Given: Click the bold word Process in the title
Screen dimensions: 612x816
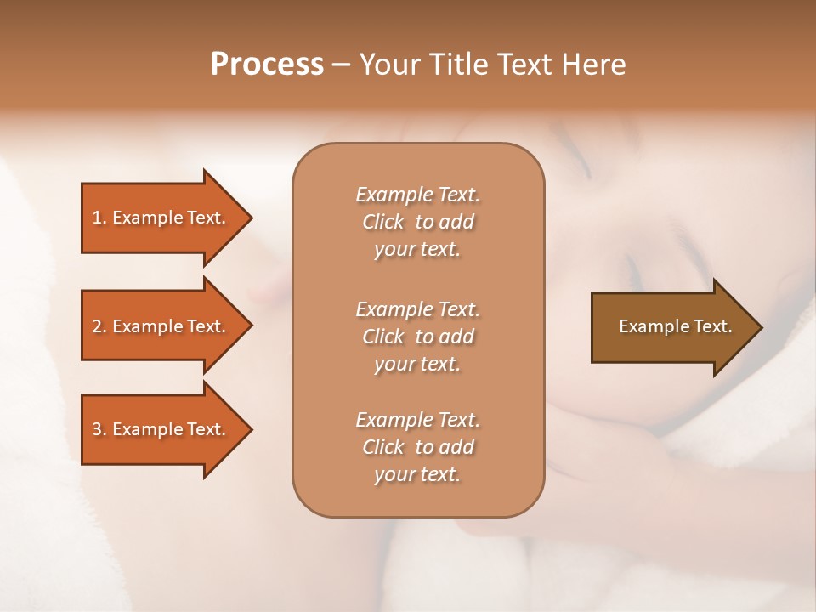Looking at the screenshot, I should point(267,65).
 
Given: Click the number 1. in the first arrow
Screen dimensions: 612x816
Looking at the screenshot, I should point(99,218).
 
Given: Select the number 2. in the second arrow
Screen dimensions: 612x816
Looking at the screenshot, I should point(99,326).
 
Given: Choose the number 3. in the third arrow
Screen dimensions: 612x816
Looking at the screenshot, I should point(99,429).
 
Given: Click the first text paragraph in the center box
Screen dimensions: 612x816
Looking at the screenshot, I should point(417,222).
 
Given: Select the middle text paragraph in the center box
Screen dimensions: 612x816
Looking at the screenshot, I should point(417,336).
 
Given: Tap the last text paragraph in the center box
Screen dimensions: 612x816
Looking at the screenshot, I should point(417,447).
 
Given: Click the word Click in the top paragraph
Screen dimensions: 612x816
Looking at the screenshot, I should point(382,223).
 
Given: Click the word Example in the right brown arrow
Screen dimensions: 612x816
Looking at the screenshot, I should point(649,326).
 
